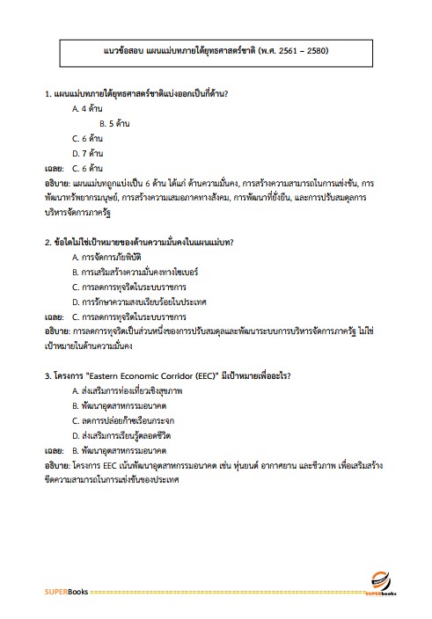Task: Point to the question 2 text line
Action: tap(144, 241)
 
